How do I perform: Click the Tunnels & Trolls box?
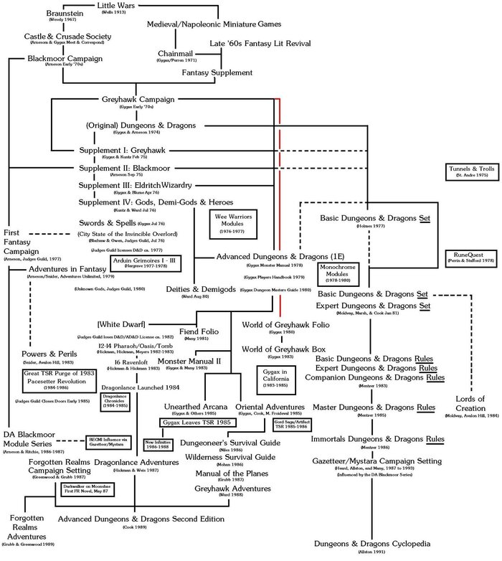(x=468, y=171)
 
